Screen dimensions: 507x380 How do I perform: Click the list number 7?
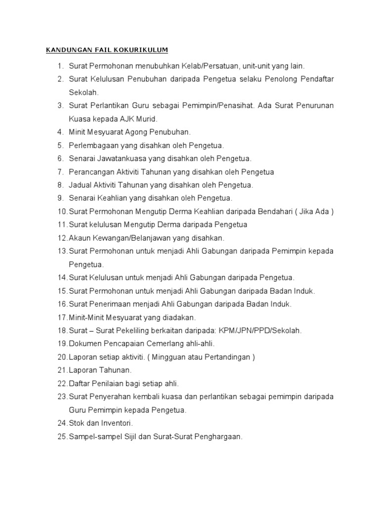(61, 172)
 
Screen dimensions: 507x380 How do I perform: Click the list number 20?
(62, 357)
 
